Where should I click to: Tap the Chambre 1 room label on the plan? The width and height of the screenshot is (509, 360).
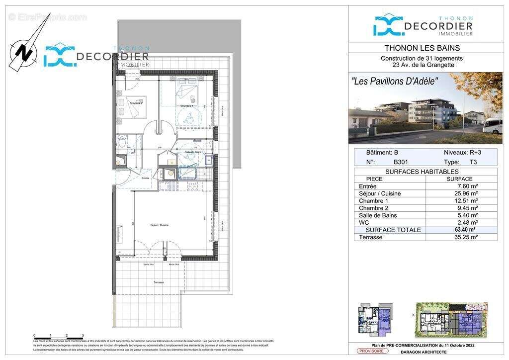coord(186,106)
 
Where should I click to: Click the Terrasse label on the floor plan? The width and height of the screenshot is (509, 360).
coord(159,282)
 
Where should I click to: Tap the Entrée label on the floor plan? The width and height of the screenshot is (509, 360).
coord(146,178)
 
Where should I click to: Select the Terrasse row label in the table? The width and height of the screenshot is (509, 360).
coord(371,237)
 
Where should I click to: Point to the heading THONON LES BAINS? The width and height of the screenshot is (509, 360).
coord(422,48)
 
